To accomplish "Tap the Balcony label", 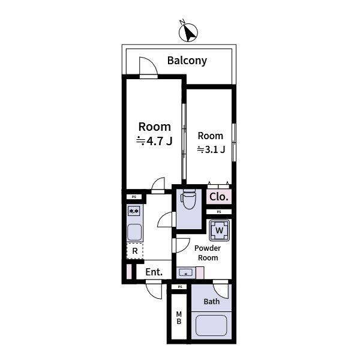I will [x=187, y=61].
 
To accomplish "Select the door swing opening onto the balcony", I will [x=148, y=67].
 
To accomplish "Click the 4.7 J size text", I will [x=154, y=142].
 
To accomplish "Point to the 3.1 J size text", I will [x=211, y=149].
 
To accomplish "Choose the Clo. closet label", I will [x=218, y=197].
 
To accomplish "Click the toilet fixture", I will [x=188, y=199].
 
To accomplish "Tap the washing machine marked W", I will [x=220, y=230].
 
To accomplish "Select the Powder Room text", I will [x=206, y=253].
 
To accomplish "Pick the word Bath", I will [x=211, y=301].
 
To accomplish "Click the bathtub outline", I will [x=211, y=328].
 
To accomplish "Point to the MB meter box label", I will [x=179, y=318].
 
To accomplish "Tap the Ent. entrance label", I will [x=154, y=272].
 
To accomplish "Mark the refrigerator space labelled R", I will [x=135, y=251].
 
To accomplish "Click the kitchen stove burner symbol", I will [x=134, y=211].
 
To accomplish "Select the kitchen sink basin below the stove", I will [x=134, y=232].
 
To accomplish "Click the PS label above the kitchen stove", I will [x=134, y=197].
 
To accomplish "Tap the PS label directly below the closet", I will [x=219, y=212].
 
